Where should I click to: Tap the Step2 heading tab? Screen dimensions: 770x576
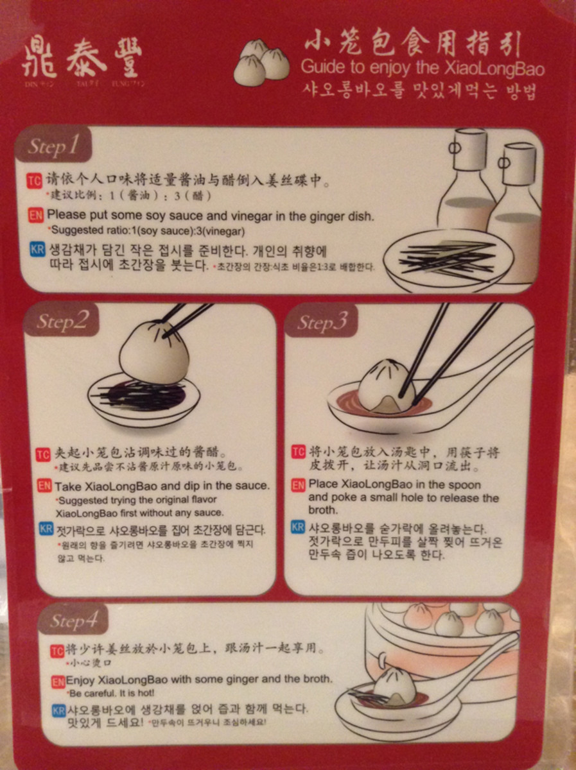(62, 321)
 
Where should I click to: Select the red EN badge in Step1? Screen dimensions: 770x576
(37, 216)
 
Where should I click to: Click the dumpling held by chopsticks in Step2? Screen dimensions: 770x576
(154, 353)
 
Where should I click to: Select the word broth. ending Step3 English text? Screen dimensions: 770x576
(323, 510)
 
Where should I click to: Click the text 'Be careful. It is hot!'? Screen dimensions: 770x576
(112, 693)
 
